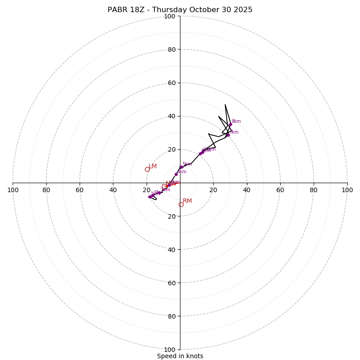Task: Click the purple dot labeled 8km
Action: [230, 124]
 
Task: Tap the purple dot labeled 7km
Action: [228, 135]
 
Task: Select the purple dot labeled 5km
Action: [181, 167]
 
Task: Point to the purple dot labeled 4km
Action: [176, 174]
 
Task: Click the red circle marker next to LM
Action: [147, 170]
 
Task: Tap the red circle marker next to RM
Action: [181, 205]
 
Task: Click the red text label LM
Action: [153, 166]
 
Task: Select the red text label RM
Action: [187, 201]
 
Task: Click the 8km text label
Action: [236, 121]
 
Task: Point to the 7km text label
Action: [234, 132]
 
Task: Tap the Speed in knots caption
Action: [180, 356]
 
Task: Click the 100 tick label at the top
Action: [170, 16]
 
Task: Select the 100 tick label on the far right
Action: [347, 190]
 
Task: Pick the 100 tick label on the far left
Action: [13, 190]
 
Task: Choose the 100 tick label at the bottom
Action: [170, 350]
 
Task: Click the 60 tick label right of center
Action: [280, 190]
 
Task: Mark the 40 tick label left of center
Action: [113, 190]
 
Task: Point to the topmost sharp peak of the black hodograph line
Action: [225, 105]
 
